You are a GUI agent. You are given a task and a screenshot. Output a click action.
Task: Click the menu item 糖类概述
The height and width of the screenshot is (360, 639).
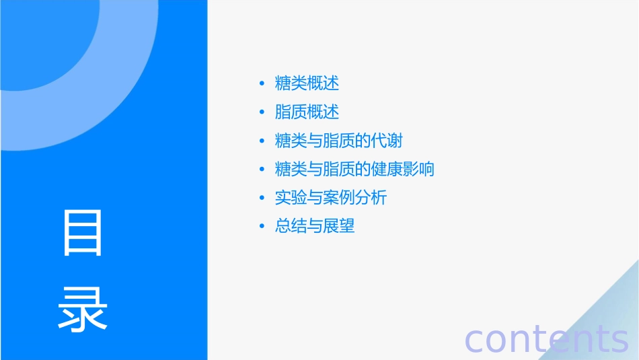tap(307, 83)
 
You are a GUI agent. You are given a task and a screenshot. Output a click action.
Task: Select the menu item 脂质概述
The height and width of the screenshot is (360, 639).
tap(307, 112)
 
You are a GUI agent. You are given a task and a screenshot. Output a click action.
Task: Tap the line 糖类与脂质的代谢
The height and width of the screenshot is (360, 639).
tap(339, 141)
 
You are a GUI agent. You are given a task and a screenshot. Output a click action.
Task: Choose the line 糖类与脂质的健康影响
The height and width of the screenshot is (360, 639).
tap(354, 169)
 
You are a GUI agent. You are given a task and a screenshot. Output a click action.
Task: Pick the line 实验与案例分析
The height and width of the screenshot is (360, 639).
tap(331, 198)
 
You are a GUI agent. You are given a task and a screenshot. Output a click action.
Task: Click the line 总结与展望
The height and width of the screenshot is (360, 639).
tap(315, 226)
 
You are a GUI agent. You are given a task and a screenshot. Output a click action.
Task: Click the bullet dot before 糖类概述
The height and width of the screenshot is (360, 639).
tap(262, 84)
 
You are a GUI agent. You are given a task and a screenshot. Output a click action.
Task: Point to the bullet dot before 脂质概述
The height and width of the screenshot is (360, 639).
tap(262, 112)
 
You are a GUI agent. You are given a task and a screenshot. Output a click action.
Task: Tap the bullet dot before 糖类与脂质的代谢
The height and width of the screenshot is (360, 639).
tap(262, 141)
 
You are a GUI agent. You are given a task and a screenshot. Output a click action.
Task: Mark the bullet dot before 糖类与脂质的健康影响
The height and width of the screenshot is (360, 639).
tap(262, 170)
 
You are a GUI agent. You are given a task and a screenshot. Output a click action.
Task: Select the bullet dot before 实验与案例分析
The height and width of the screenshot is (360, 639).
tap(262, 199)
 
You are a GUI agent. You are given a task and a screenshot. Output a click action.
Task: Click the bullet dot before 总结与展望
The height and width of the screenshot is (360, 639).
tap(262, 227)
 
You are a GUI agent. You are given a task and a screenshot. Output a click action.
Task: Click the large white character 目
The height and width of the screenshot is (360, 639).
tap(83, 233)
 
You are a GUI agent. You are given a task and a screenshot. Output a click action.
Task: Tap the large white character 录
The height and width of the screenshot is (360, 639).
tap(83, 309)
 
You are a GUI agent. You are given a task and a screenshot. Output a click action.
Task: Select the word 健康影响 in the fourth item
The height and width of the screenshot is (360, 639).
tap(403, 169)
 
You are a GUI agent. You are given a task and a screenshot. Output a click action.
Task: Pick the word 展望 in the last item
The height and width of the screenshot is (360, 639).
tap(339, 226)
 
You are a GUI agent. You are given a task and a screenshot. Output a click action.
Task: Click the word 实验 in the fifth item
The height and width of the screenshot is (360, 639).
tap(291, 198)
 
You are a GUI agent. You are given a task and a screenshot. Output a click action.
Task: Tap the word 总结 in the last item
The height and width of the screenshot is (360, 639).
tap(291, 226)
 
